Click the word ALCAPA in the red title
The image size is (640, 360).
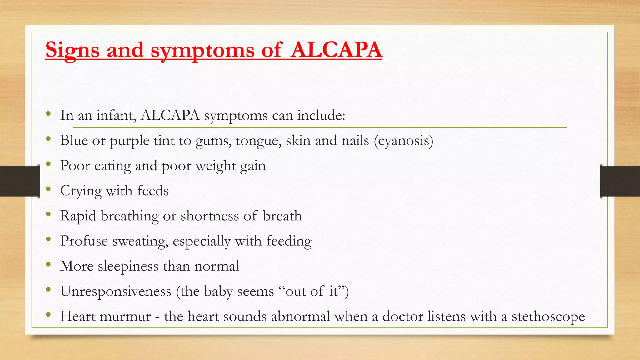tap(336, 50)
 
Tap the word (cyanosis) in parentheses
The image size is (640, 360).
tap(403, 141)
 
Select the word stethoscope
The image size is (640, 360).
tap(548, 317)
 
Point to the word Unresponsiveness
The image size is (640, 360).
tap(116, 292)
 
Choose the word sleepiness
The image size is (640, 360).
tap(128, 267)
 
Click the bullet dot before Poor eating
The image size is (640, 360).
tap(48, 164)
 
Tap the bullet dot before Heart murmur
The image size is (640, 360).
tap(48, 314)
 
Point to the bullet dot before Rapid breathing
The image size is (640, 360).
tap(48, 214)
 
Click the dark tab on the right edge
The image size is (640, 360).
tap(620, 181)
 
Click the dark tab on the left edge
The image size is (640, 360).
tap(20, 181)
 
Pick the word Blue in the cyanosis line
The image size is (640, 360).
tap(74, 141)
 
